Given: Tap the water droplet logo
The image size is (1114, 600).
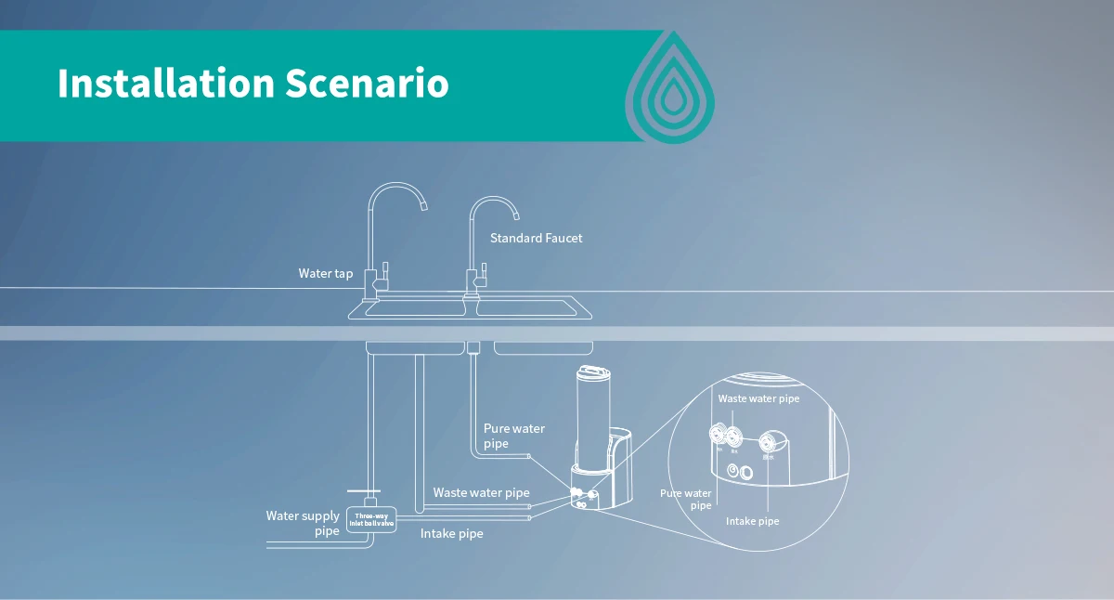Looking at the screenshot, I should (x=669, y=89).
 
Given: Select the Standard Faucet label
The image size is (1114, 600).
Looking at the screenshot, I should (x=536, y=239).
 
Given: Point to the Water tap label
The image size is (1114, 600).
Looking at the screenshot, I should (x=325, y=274).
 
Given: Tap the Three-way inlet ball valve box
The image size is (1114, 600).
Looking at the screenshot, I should (x=371, y=519).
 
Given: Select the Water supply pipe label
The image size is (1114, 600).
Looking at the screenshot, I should (x=303, y=523).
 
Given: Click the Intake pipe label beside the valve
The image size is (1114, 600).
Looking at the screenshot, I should (x=451, y=534).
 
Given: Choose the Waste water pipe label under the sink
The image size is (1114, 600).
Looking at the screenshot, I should (x=481, y=492).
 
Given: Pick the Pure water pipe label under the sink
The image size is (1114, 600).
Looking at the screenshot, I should (x=513, y=436).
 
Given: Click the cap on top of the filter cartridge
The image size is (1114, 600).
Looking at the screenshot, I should (x=591, y=373).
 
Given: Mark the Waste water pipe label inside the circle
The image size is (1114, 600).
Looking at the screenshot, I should (x=758, y=398).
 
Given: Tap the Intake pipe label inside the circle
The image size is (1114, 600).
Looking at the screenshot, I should (x=752, y=521).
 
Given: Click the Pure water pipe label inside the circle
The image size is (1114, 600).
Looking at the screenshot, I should (x=686, y=499).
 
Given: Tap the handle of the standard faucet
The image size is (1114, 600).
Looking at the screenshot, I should (x=483, y=272).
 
